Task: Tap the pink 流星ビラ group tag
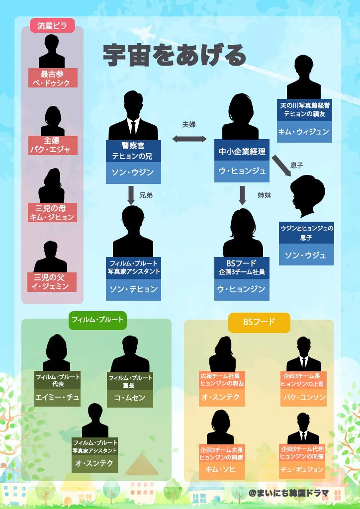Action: pyautogui.click(x=52, y=25)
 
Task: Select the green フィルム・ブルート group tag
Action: pyautogui.click(x=97, y=320)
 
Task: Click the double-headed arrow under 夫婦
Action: pyautogui.click(x=189, y=139)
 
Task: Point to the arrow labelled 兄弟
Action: pyautogui.click(x=131, y=195)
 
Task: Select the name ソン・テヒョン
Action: pyautogui.click(x=133, y=289)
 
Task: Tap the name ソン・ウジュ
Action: pyautogui.click(x=305, y=255)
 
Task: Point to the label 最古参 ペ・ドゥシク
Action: pyautogui.click(x=52, y=79)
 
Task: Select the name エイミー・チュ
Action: pyautogui.click(x=57, y=397)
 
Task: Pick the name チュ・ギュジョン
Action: pyautogui.click(x=302, y=470)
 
